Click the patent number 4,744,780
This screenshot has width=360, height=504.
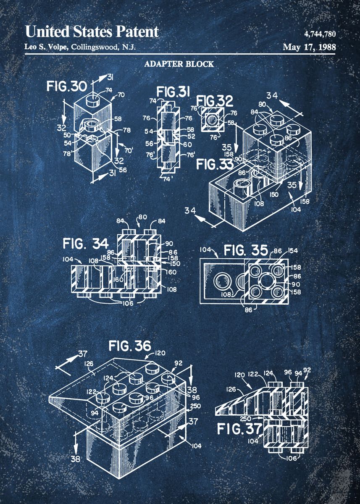coord(320,34)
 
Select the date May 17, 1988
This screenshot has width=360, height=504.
coord(309,47)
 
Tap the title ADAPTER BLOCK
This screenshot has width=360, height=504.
coord(179,64)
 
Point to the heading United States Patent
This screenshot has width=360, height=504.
coord(92,32)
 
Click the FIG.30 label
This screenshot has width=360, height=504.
coord(67,87)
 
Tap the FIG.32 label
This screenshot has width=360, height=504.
coord(215,101)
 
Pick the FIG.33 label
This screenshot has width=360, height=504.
coord(215,164)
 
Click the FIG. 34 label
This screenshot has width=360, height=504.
coord(86,243)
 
